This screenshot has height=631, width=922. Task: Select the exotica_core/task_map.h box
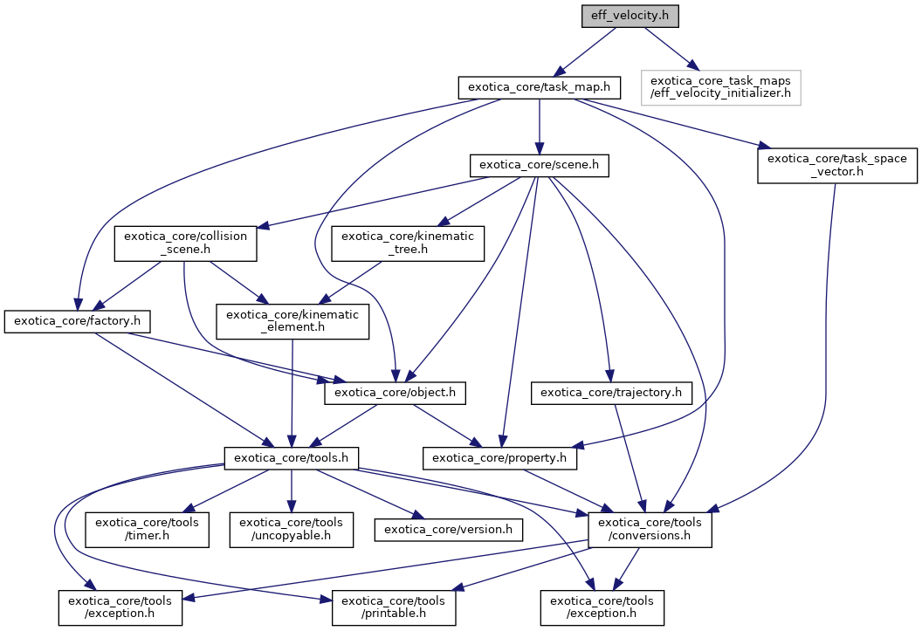[x=540, y=87]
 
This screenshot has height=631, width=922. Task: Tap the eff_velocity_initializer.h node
[x=720, y=87]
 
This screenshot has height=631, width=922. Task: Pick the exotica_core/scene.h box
[x=539, y=165]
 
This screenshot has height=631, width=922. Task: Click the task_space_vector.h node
[x=837, y=165]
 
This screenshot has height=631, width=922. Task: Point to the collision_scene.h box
[x=185, y=243]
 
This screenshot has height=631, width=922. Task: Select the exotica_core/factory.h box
[x=78, y=322]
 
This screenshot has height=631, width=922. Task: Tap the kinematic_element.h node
[x=292, y=322]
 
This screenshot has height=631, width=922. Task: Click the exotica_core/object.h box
[x=396, y=394]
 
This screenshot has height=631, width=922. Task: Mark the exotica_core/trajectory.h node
[x=611, y=394]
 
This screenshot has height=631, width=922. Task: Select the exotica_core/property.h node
[x=501, y=456]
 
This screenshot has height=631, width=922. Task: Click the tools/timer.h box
[x=147, y=530]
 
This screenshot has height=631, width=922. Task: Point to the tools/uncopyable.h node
[x=292, y=530]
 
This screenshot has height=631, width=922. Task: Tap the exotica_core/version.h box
[x=448, y=530]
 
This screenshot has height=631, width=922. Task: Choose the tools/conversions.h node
[x=650, y=530]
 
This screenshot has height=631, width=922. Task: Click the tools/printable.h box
[x=393, y=607]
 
